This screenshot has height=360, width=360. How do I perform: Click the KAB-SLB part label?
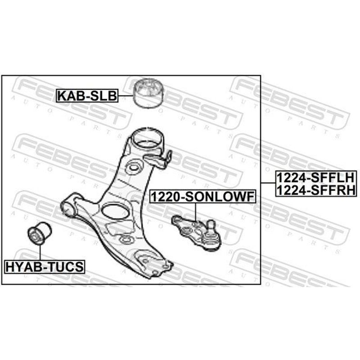click(87, 95)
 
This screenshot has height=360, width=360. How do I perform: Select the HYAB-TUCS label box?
click(45, 266)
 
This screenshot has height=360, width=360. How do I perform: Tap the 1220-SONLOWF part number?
click(203, 197)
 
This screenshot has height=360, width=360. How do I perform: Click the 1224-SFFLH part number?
click(316, 177)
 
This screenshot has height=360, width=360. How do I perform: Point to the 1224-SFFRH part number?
click(316, 190)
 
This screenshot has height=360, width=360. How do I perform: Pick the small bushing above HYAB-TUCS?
click(40, 233)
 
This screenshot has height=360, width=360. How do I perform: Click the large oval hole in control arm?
click(115, 211)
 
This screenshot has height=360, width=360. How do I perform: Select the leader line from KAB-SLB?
click(126, 95)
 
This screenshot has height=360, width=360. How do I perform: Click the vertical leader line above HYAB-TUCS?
click(40, 252)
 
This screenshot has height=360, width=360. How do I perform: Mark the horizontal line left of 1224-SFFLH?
click(268, 183)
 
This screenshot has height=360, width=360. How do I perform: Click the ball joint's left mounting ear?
click(177, 220)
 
